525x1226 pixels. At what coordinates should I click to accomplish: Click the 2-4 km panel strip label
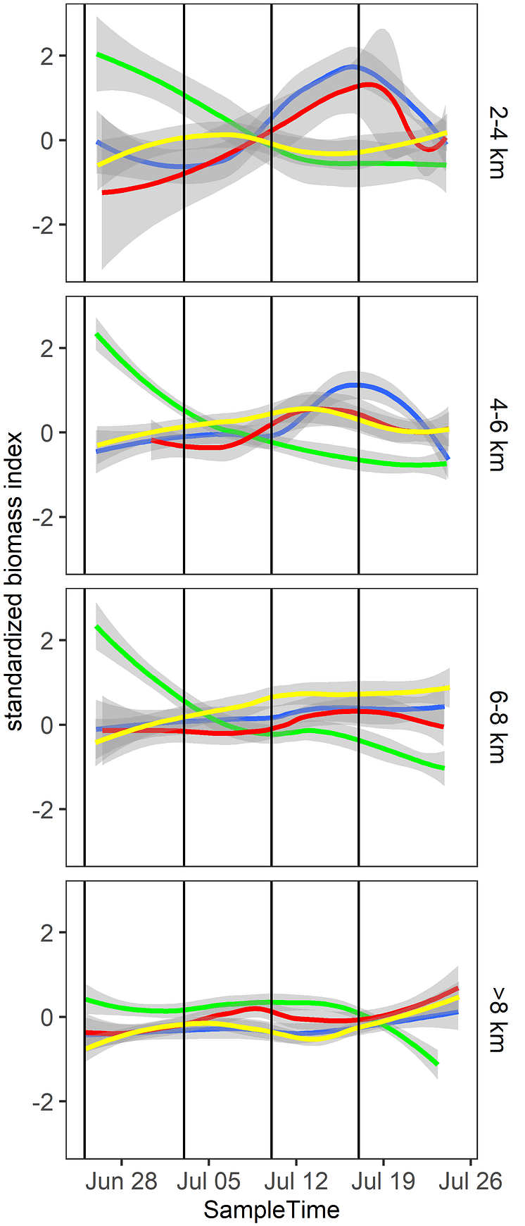coord(496,142)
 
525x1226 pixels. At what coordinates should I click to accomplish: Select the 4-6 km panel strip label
coord(496,434)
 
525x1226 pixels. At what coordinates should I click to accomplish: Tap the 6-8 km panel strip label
coord(496,727)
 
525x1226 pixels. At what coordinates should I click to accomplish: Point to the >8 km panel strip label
coord(496,1019)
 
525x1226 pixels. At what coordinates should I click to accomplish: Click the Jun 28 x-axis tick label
coord(121,1181)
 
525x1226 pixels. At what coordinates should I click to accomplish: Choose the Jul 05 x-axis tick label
coord(208,1181)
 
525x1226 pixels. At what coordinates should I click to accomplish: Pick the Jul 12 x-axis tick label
coord(296,1181)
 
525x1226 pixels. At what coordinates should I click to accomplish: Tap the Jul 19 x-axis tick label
coord(384,1181)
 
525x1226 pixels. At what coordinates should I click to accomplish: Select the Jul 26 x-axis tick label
coord(470,1181)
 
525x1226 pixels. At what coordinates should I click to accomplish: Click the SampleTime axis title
coord(272,1210)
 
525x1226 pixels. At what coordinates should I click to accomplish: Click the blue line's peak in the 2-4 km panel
coord(353,67)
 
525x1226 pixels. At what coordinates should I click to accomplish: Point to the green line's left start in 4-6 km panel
coord(97,334)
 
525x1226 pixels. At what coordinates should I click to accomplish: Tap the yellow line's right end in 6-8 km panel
coord(448,688)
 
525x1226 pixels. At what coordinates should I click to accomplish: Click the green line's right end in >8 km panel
coord(437,1064)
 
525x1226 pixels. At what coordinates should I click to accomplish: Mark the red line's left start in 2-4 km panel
coord(103,192)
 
